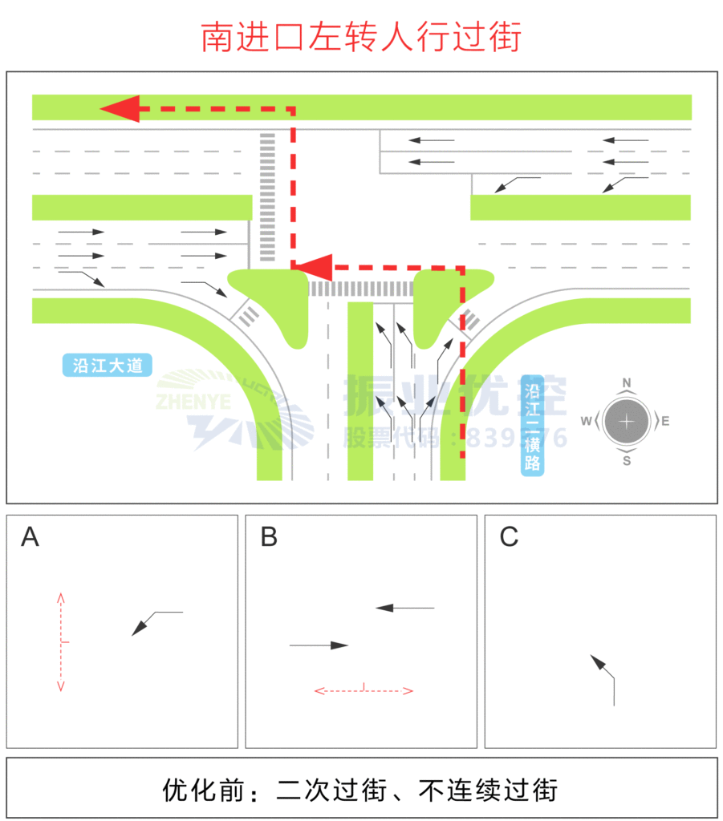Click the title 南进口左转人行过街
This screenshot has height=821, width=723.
tap(361, 37)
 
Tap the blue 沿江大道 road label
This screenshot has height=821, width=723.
tap(108, 366)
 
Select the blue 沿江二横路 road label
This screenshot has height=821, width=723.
tap(532, 426)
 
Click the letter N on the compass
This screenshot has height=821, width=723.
tap(627, 382)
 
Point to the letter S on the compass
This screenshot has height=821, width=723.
tap(627, 460)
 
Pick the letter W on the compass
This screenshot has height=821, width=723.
tap(587, 421)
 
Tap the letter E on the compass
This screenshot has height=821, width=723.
tap(665, 421)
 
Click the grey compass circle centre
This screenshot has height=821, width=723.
tap(627, 421)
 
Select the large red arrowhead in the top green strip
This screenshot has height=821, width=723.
tap(120, 107)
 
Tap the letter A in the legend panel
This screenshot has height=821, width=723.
tap(30, 537)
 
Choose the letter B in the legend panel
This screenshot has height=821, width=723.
tap(269, 537)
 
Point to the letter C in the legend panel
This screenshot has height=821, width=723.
tap(509, 537)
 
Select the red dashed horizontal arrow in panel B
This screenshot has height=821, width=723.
tap(364, 690)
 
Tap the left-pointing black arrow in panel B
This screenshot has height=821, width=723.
tap(405, 608)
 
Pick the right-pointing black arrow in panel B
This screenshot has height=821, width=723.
tap(319, 645)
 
